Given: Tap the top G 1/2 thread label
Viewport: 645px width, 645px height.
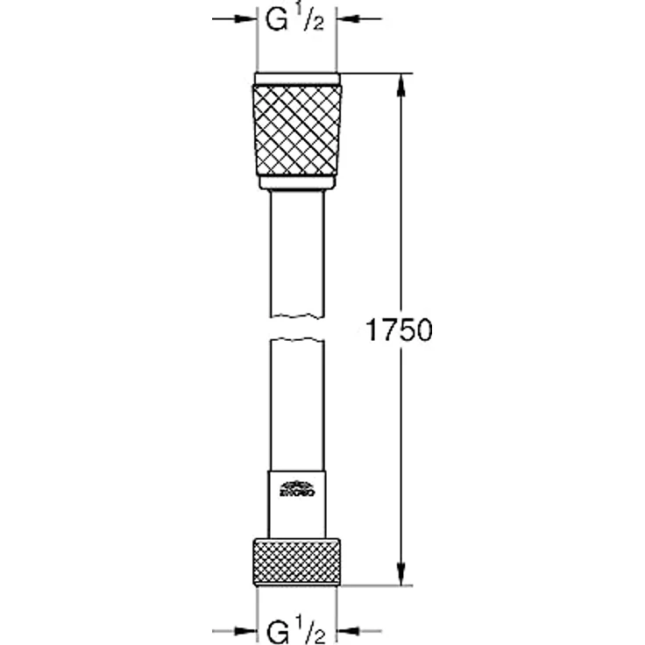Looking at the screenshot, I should [296, 22].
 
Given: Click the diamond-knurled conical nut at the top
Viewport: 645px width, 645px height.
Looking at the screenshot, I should [297, 130].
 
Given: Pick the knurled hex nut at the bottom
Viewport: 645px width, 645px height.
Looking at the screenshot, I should [297, 562].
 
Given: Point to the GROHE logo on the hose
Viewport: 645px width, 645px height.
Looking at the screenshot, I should [296, 487].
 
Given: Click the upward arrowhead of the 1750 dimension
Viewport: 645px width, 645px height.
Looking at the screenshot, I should [401, 83].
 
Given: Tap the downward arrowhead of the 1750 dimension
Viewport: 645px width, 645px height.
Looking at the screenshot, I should [401, 574].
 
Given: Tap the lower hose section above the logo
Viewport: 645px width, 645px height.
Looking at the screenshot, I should [297, 403].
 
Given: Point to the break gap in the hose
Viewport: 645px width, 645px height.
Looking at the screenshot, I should [297, 326].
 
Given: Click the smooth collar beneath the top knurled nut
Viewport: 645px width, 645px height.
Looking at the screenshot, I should [297, 182].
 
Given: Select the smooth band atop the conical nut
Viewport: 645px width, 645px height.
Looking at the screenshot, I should [297, 78].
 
